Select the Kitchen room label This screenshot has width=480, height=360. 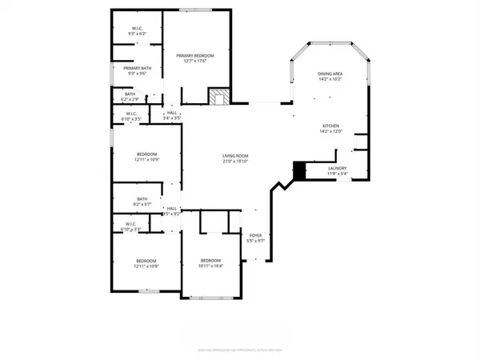[x=331, y=126]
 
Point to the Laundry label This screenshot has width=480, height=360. [x=337, y=167]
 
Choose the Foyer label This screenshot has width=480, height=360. [x=254, y=235]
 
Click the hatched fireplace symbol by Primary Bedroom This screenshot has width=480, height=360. [x=218, y=97]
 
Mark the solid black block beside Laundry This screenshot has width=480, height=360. [x=300, y=170]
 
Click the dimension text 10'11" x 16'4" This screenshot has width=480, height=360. [x=210, y=266]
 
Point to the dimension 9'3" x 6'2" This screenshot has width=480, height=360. [x=137, y=34]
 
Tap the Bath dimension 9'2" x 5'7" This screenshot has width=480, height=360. [x=142, y=205]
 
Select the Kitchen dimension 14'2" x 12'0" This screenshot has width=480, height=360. [x=331, y=132]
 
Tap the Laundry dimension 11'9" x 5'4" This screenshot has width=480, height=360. [x=337, y=173]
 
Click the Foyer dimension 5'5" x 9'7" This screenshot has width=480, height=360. [x=254, y=241]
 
